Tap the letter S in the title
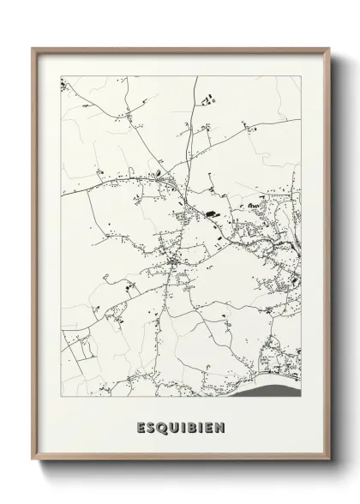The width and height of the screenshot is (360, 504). (151, 426)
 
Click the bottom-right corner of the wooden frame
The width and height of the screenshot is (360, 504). (330, 460)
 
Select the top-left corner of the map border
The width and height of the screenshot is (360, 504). (61, 76)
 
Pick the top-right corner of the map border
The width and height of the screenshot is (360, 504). (302, 76)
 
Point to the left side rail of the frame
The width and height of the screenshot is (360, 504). (34, 257)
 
